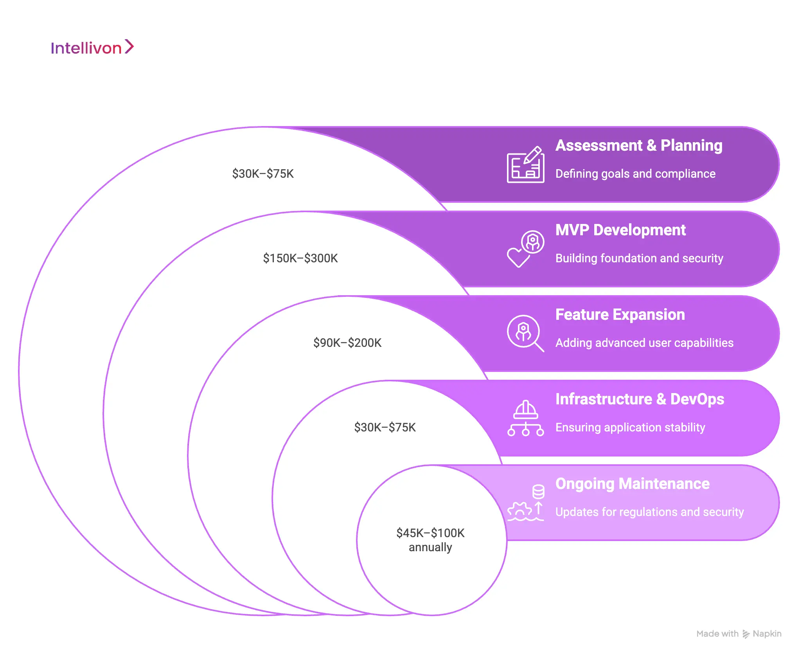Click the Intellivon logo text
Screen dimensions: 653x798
click(86, 48)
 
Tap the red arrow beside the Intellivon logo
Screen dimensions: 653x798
click(129, 47)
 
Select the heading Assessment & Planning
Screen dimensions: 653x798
click(638, 145)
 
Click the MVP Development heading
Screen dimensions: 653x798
click(620, 230)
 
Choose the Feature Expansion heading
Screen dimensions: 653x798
click(620, 314)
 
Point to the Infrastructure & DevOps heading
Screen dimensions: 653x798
click(639, 399)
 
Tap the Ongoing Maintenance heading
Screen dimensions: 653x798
click(632, 483)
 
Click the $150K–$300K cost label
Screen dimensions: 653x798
click(300, 258)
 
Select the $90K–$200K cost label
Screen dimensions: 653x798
click(347, 343)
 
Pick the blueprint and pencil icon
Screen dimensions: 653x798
click(525, 165)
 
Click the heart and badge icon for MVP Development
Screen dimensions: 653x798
click(525, 249)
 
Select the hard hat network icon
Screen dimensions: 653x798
click(525, 418)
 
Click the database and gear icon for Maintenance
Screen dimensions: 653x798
click(526, 503)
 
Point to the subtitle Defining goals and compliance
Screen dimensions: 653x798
click(635, 173)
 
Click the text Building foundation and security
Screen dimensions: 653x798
click(639, 258)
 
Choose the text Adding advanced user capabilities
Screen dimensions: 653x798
click(644, 343)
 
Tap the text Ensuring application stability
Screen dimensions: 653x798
click(630, 427)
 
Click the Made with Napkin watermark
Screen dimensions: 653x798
click(738, 633)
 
